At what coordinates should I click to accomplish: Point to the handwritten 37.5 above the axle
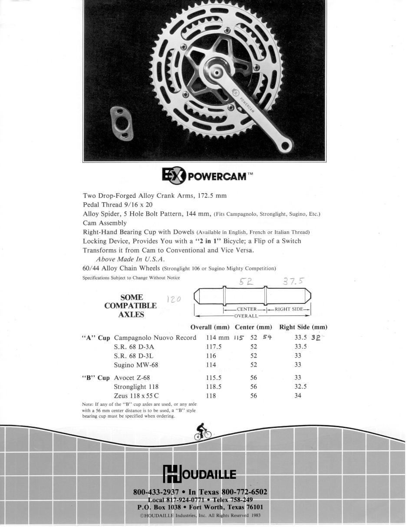pos(294,281)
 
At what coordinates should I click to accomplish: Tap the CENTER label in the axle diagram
pos(246,309)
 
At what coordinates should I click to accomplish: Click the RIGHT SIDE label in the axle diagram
pos(288,309)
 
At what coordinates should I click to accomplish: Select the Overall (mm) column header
pos(210,327)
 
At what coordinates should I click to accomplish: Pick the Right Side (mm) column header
pos(303,327)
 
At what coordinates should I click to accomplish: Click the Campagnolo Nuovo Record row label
pos(155,338)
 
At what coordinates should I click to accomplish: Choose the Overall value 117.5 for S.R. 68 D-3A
pos(214,347)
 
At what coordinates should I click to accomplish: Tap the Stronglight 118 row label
pos(136,387)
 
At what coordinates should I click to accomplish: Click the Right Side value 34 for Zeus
pos(297,396)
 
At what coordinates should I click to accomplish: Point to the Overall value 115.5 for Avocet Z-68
pos(214,378)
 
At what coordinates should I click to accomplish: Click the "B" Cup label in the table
pos(96,378)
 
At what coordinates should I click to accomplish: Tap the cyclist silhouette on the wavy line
pos(203,432)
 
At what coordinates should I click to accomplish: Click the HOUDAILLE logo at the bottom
pos(200,474)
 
